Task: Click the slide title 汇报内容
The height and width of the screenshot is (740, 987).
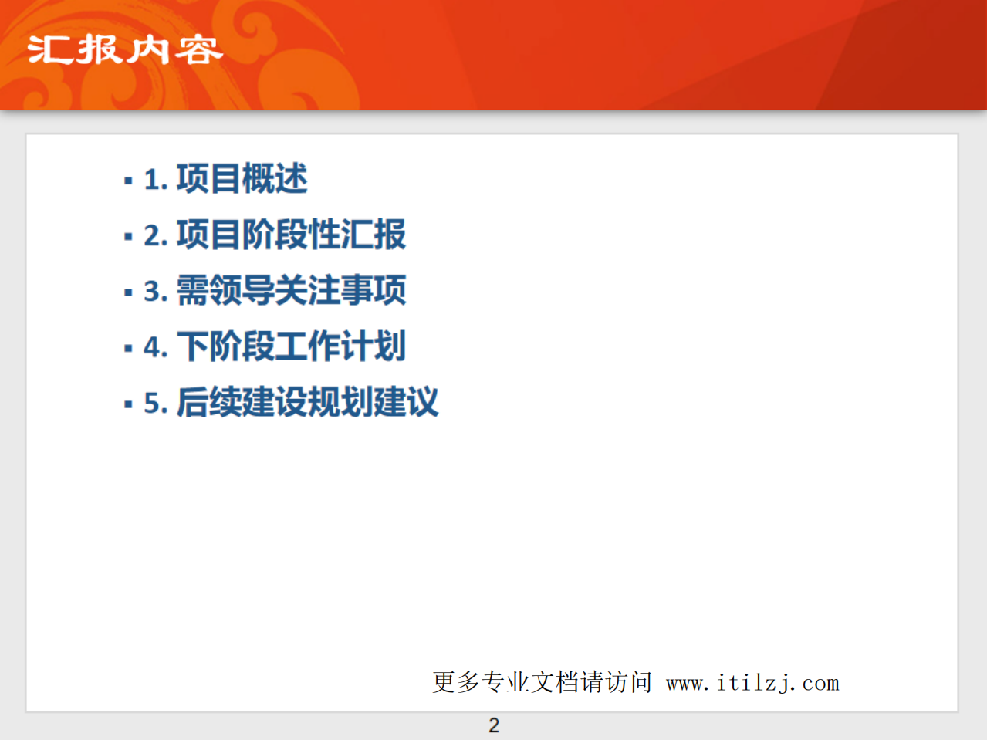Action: pos(125,50)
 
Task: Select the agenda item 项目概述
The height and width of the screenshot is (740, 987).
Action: pos(242,179)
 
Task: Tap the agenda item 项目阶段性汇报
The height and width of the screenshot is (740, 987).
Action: pos(291,235)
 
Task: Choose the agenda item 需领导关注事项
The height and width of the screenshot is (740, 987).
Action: pos(291,291)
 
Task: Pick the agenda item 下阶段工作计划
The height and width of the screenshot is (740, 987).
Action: pos(291,346)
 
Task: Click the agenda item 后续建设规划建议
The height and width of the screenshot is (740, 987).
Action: pos(307,402)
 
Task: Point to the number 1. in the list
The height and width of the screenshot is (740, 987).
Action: pos(155,181)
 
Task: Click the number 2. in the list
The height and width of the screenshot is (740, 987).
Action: pos(155,236)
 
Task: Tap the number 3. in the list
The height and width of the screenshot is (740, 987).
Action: pos(155,292)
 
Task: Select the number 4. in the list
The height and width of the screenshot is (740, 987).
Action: pos(155,348)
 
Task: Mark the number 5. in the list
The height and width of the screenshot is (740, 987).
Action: pos(155,404)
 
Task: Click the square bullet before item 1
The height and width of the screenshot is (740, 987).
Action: pos(128,181)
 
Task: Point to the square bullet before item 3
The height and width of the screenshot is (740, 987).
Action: pos(128,293)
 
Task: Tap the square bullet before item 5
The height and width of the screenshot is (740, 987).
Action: pos(128,404)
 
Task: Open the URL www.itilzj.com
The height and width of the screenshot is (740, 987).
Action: pos(752,683)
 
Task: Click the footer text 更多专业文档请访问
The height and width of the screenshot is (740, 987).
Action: pos(542,682)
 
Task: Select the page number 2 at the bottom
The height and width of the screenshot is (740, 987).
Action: pos(494,725)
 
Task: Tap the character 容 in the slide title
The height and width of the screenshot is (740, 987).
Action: pos(198,51)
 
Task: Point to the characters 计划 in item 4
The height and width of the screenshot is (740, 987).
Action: pos(374,346)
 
